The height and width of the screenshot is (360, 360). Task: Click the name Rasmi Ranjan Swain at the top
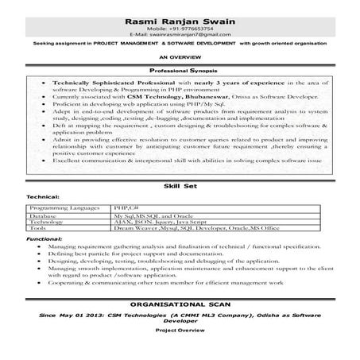coord(180,20)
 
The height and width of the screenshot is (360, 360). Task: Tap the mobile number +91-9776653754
coord(180,29)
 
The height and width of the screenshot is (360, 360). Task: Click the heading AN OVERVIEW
coord(180,59)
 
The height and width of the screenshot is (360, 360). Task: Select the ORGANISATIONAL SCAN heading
coord(180,305)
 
